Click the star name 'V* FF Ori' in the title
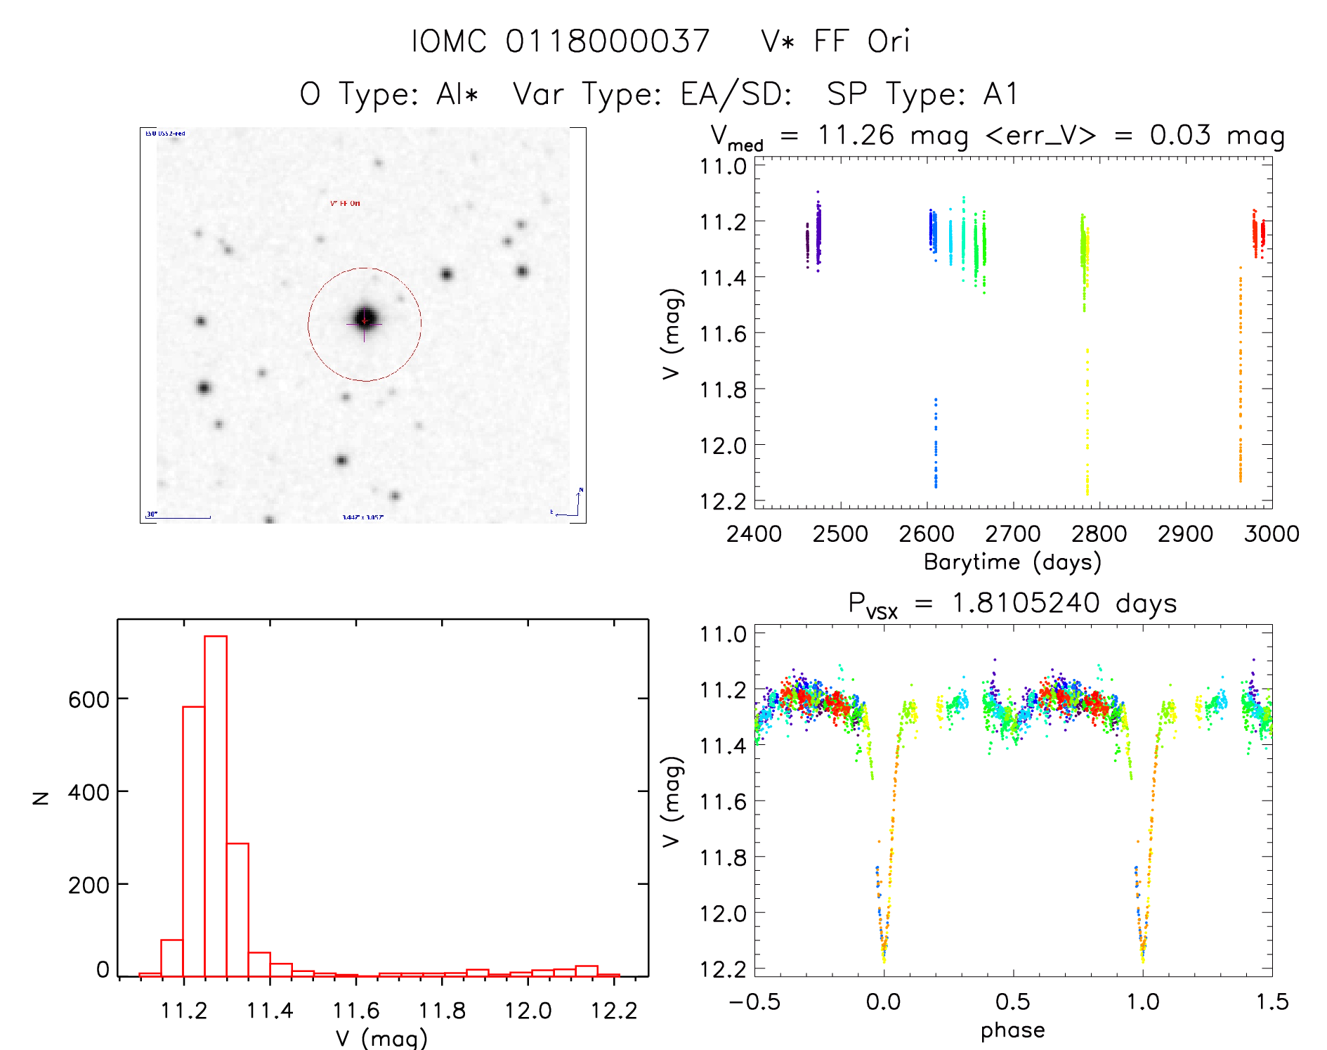tap(835, 41)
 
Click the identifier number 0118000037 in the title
tap(608, 41)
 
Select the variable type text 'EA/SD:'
tap(736, 94)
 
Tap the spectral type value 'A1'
tap(1000, 94)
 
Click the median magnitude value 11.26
tap(856, 135)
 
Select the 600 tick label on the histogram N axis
tap(89, 699)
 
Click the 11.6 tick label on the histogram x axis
tap(355, 1011)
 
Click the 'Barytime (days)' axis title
tap(1012, 562)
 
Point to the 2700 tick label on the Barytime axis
tap(1013, 534)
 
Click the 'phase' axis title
tap(1012, 1030)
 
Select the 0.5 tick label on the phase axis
tap(1013, 1002)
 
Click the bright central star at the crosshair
tap(365, 320)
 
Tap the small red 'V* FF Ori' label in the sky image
tap(345, 204)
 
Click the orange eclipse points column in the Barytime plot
tap(1240, 380)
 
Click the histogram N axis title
tap(41, 798)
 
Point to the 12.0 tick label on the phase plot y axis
tap(723, 914)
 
